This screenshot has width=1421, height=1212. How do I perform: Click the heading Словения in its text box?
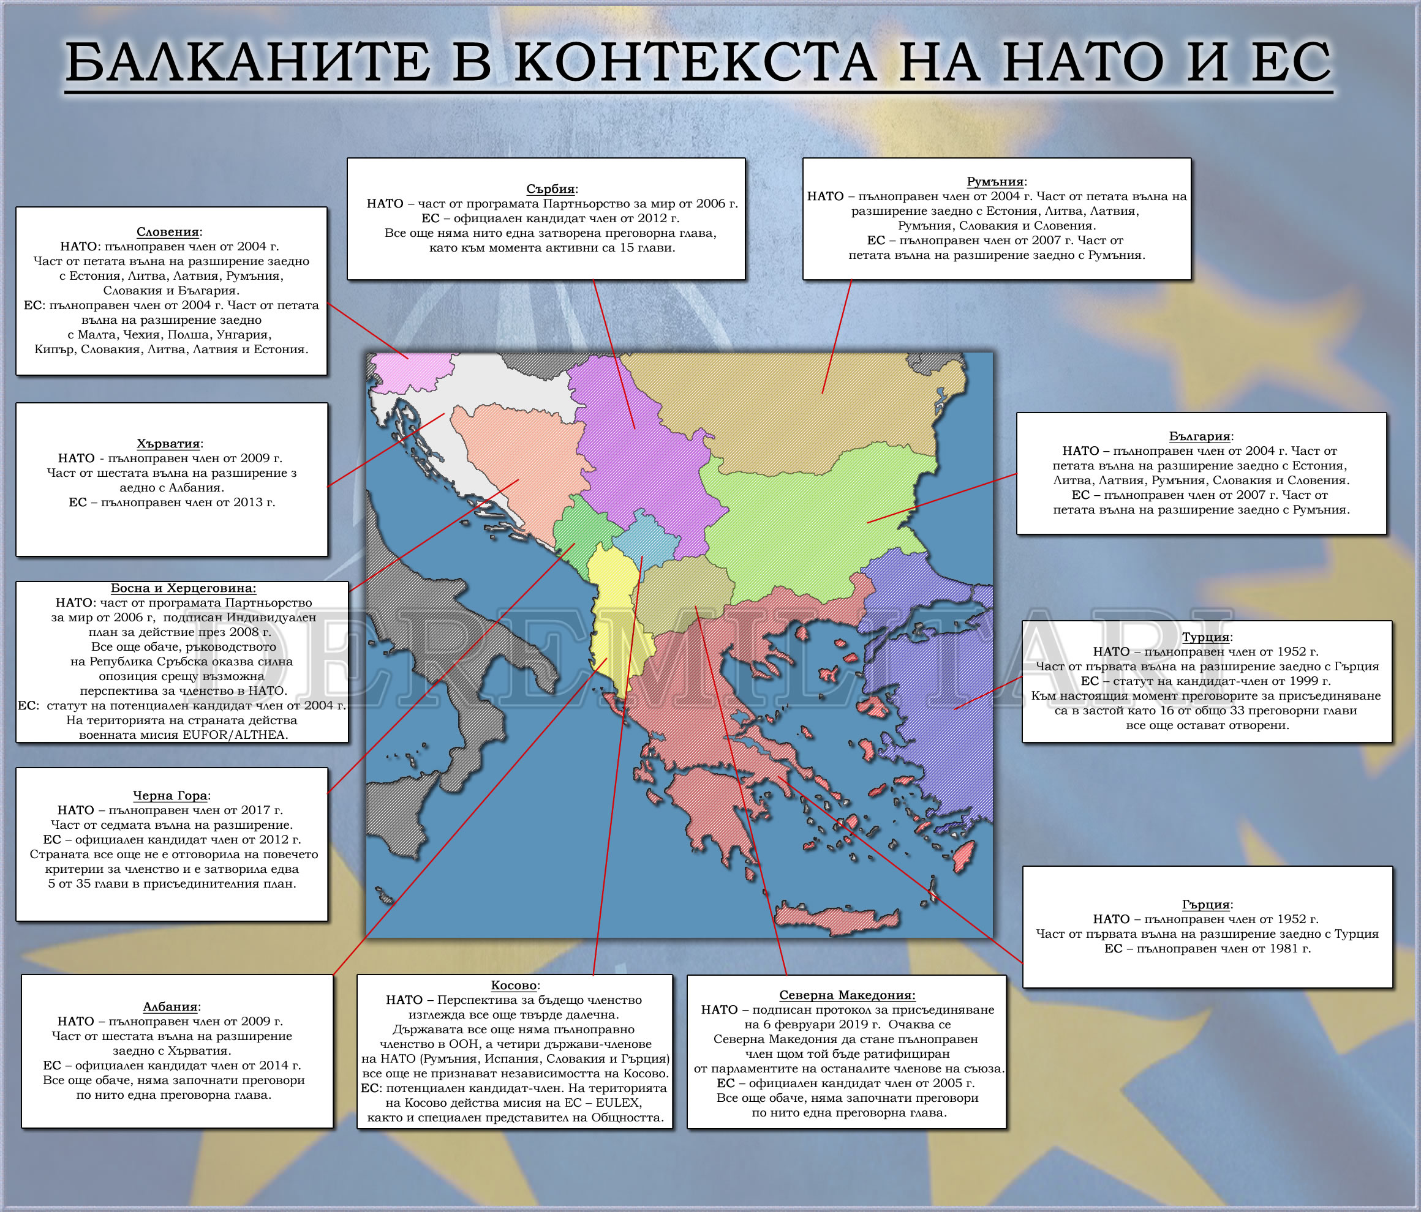click(x=167, y=232)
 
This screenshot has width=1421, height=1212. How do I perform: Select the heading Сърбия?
click(x=549, y=189)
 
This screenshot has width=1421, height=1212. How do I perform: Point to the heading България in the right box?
click(x=1199, y=436)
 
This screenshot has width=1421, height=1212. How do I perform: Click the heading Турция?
click(x=1205, y=637)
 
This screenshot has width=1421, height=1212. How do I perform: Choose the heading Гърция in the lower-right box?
click(x=1205, y=904)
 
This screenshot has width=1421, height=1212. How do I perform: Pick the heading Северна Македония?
click(x=846, y=995)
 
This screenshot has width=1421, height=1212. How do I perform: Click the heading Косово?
click(x=514, y=985)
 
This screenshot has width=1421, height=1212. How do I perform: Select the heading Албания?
click(x=170, y=1006)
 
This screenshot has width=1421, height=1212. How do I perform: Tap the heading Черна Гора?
click(x=170, y=795)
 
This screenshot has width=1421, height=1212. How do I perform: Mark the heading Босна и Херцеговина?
click(x=183, y=588)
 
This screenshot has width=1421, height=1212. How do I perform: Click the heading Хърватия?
click(x=168, y=444)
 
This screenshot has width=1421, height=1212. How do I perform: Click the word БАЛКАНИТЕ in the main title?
click(x=247, y=62)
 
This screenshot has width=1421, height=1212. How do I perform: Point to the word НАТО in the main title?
click(x=1084, y=62)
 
